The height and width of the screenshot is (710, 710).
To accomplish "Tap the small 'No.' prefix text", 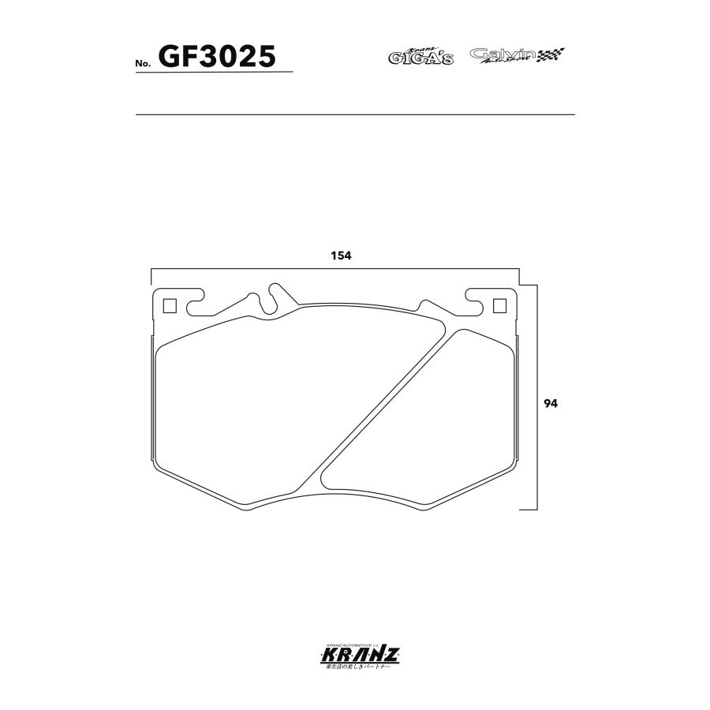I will [143, 62].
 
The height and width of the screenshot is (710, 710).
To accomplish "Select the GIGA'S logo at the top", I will [420, 56].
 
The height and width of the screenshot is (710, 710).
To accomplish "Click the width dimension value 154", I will [339, 256].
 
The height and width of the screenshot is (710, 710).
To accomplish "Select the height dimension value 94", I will [551, 403].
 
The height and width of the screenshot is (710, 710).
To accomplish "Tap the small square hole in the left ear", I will [168, 306].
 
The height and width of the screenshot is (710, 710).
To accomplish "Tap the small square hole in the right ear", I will [499, 306].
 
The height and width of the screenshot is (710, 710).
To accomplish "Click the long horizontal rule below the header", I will [355, 115].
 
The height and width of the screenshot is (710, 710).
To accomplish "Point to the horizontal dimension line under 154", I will [335, 269].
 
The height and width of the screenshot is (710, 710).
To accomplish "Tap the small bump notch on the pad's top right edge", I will [427, 305].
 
